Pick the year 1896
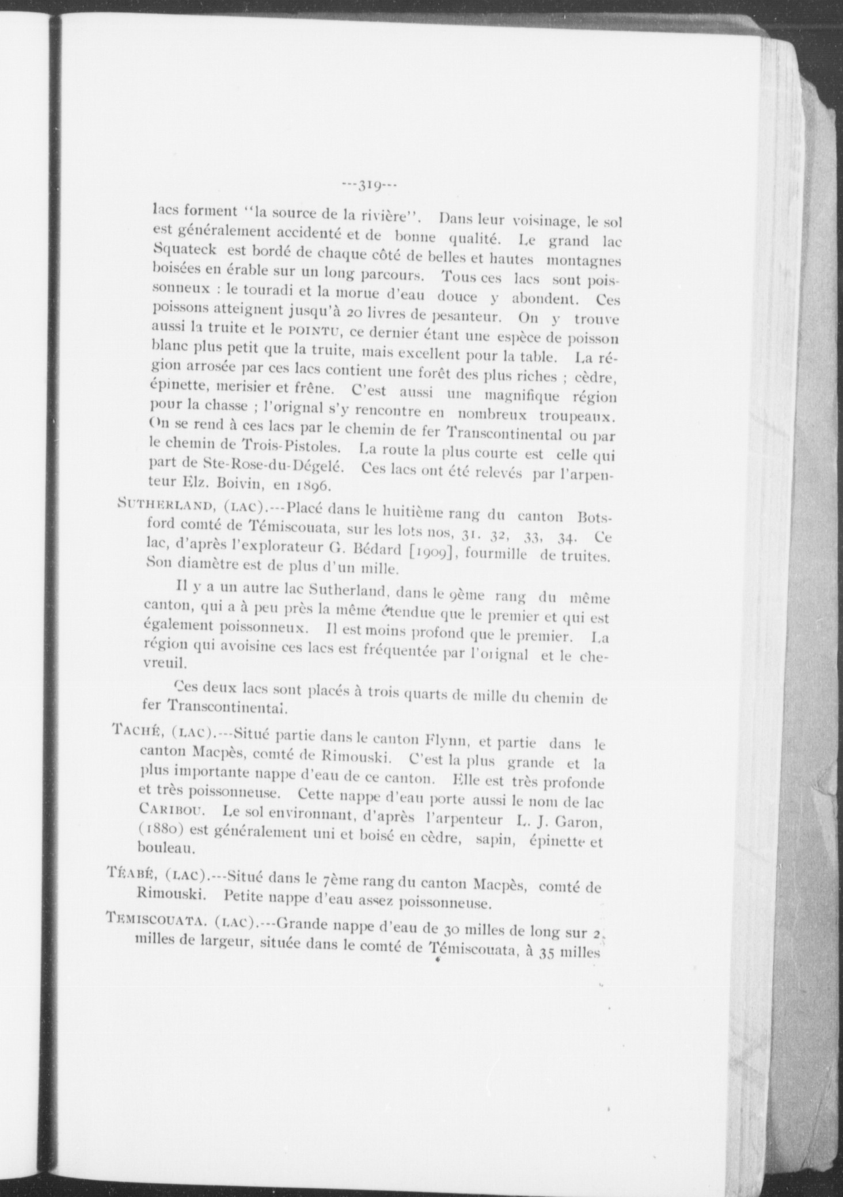click(x=313, y=486)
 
